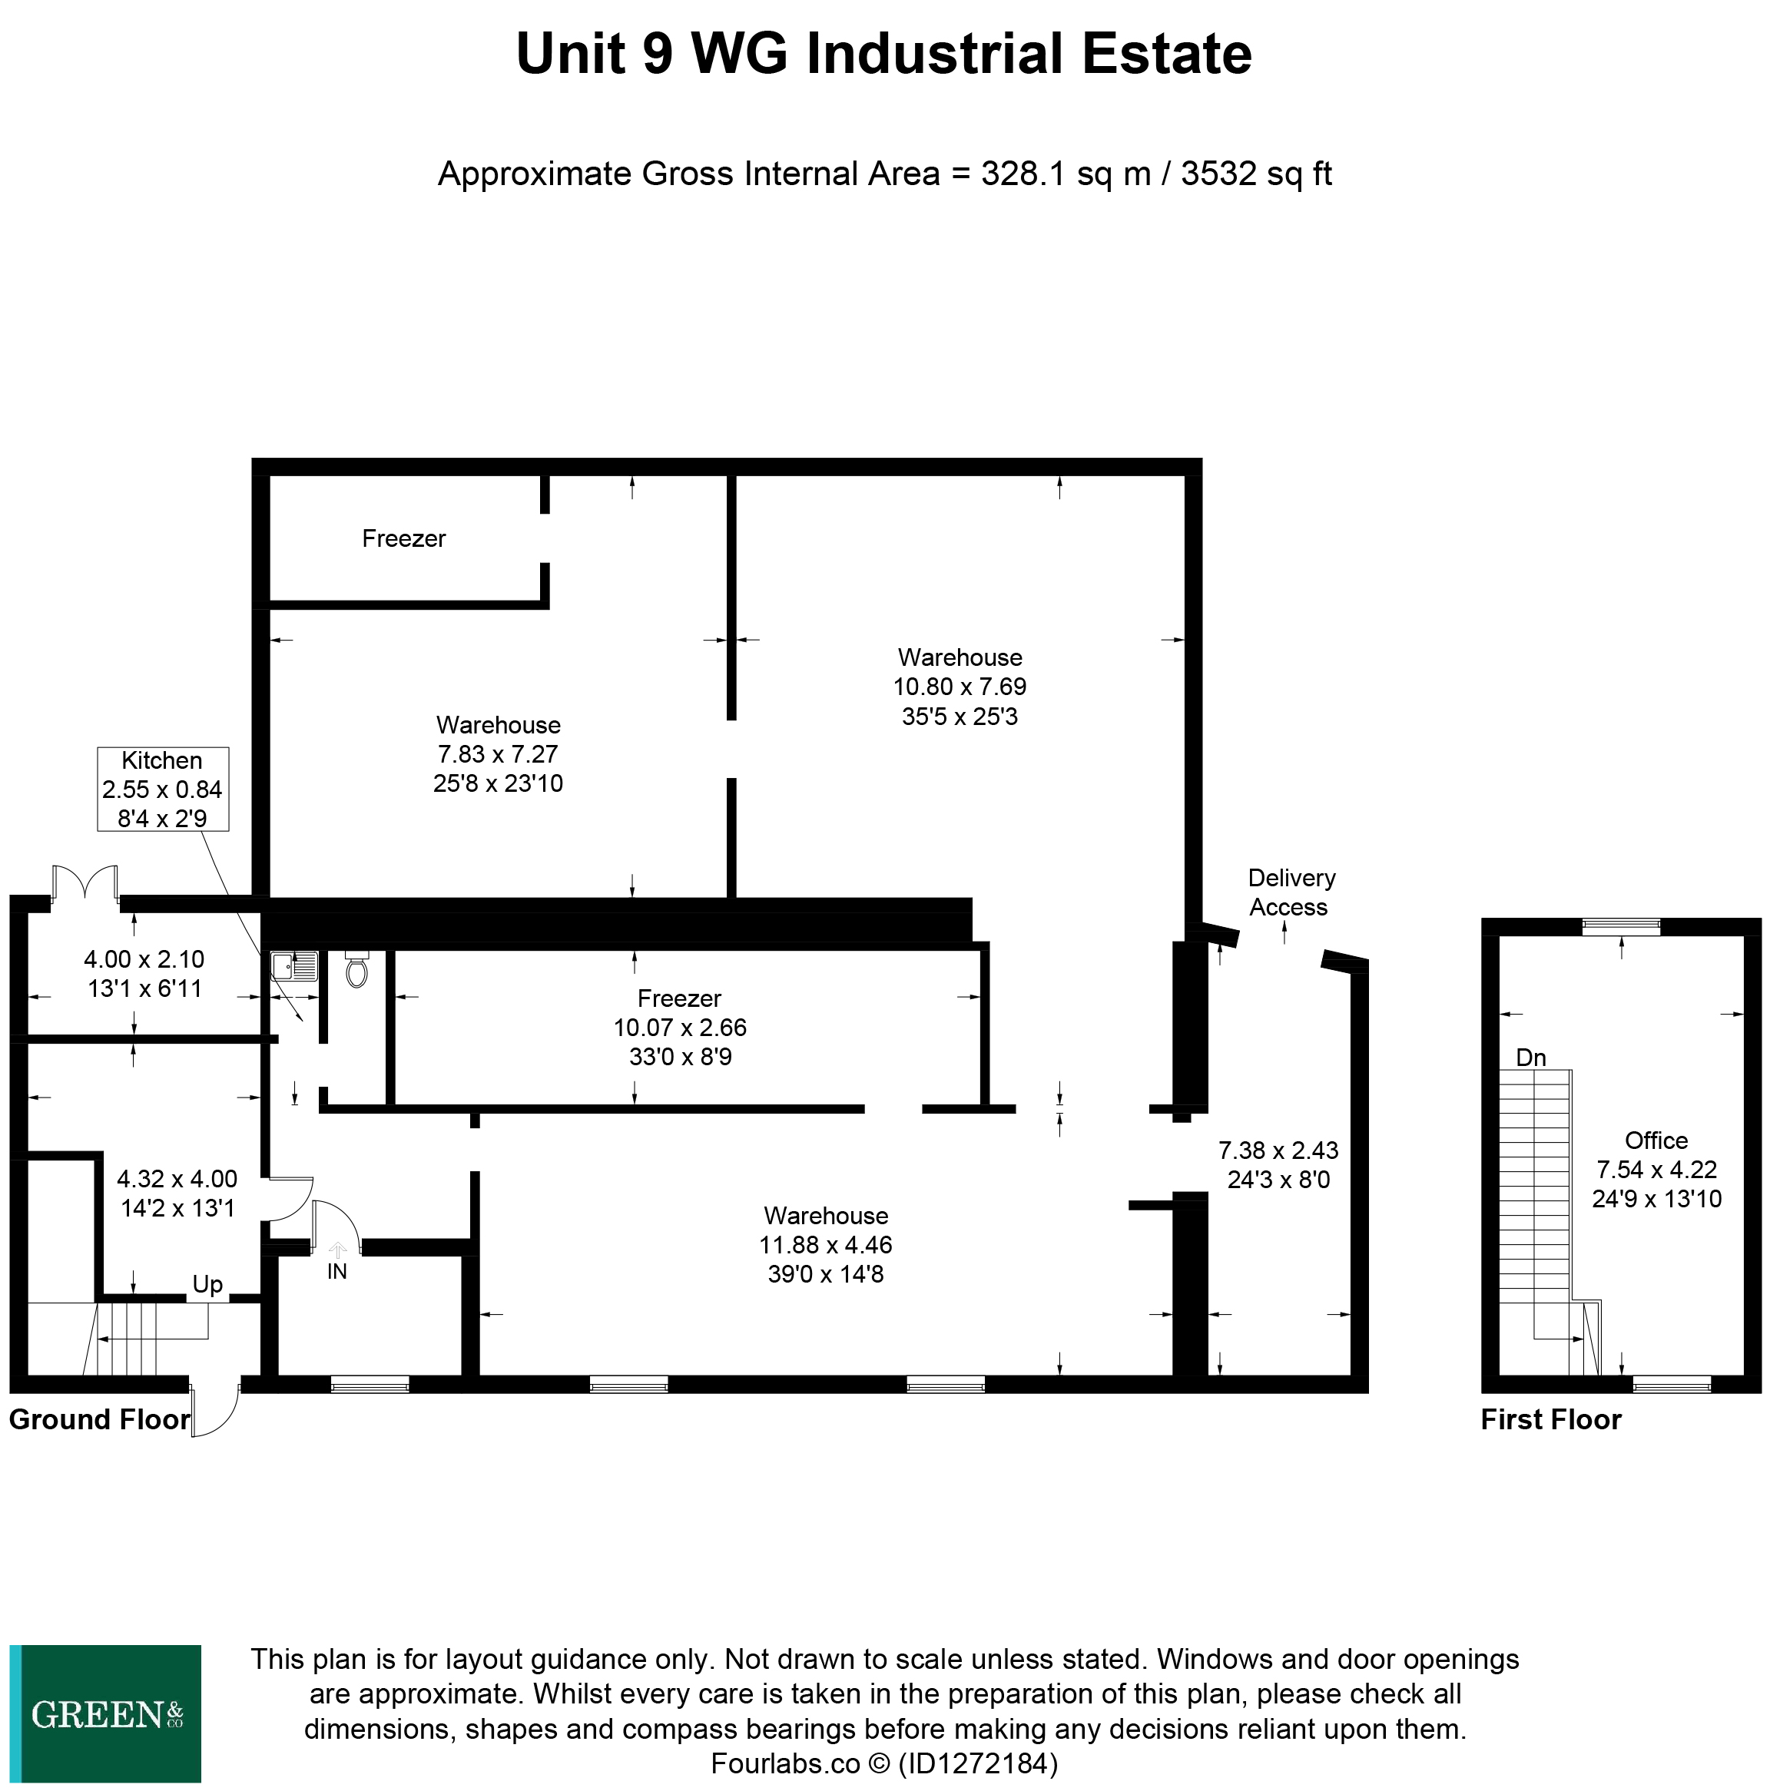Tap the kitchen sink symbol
pyautogui.click(x=294, y=966)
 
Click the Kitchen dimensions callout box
pyautogui.click(x=162, y=789)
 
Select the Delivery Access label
pyautogui.click(x=1291, y=892)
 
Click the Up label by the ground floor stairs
pyautogui.click(x=207, y=1284)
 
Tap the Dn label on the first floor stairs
pyautogui.click(x=1531, y=1057)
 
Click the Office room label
pyautogui.click(x=1656, y=1140)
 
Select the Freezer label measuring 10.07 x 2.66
pyautogui.click(x=680, y=1026)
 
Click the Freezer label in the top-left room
pyautogui.click(x=403, y=538)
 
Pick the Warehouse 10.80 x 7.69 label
pyautogui.click(x=960, y=686)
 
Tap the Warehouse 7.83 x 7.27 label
pyautogui.click(x=498, y=753)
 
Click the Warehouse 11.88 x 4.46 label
pyautogui.click(x=825, y=1244)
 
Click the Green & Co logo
pyautogui.click(x=106, y=1714)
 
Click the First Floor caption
pyautogui.click(x=1550, y=1419)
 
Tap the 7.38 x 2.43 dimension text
pyautogui.click(x=1278, y=1150)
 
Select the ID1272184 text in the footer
pyautogui.click(x=978, y=1763)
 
